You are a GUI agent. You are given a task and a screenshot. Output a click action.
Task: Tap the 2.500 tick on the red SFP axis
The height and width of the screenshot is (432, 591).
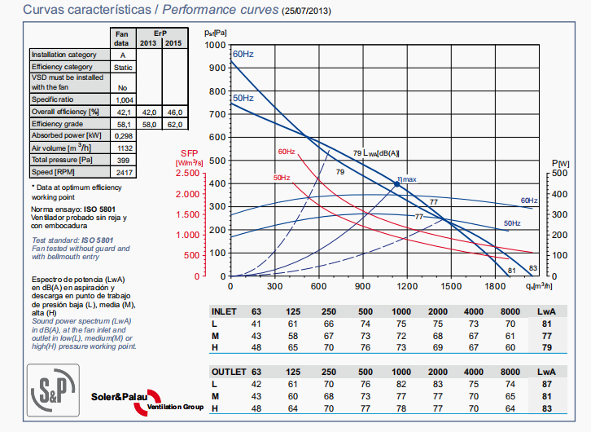tap(186, 174)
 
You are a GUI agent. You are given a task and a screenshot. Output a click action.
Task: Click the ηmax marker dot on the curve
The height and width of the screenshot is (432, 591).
tap(396, 185)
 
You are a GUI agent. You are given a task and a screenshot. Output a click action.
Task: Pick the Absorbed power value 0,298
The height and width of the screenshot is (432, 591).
tap(123, 134)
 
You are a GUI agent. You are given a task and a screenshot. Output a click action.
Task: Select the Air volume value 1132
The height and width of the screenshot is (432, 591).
tap(123, 148)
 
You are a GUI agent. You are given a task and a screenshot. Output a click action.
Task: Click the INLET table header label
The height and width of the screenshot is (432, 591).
tap(224, 312)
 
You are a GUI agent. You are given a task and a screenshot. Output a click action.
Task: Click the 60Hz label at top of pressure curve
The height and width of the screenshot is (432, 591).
tap(243, 54)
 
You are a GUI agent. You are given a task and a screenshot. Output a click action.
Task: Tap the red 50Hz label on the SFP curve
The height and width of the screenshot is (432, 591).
tap(282, 178)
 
